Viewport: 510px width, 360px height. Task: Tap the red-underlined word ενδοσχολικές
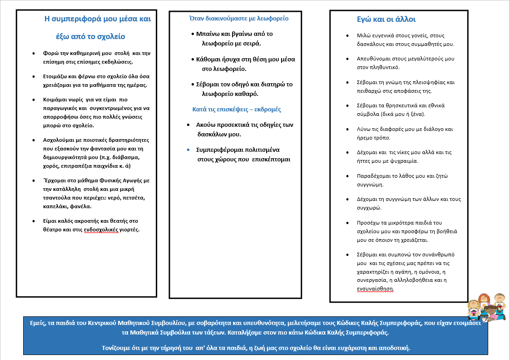[100, 230]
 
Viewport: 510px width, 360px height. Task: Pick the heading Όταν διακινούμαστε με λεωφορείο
[238, 19]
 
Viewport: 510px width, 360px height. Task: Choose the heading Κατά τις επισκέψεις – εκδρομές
[236, 110]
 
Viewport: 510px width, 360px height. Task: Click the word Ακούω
[207, 125]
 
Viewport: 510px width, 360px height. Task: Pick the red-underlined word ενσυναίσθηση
[375, 289]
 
